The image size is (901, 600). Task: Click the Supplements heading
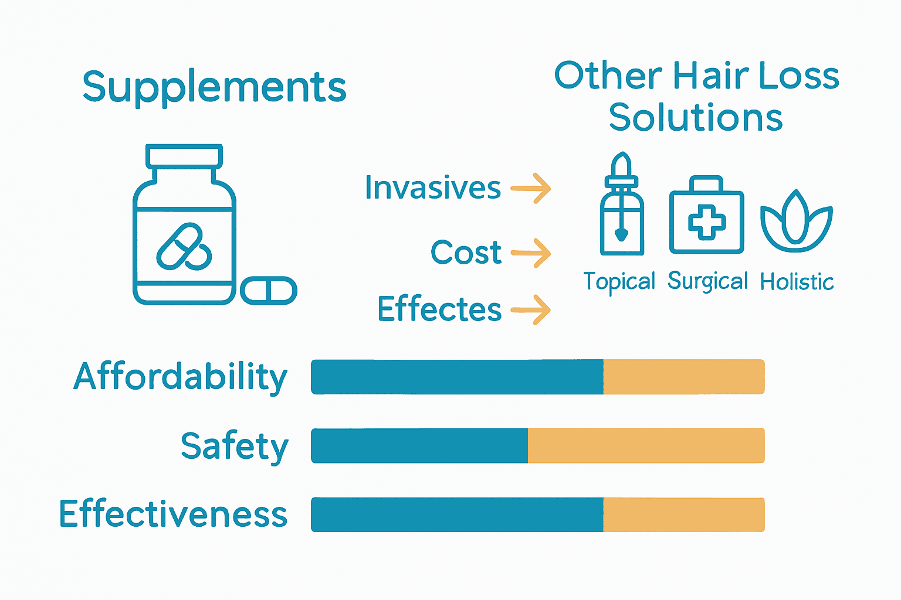(214, 88)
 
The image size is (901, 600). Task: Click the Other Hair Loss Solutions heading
(696, 97)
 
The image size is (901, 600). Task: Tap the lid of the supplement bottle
(184, 155)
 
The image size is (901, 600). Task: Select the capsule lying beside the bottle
(269, 291)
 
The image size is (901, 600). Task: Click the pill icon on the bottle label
(184, 247)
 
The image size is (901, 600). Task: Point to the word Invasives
(433, 188)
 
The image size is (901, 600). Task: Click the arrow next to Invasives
(531, 189)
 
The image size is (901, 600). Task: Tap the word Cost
(466, 253)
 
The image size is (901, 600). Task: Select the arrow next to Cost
(531, 253)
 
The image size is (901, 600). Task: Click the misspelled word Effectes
(439, 309)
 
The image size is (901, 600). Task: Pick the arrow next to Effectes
(531, 309)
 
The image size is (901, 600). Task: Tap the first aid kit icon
(706, 216)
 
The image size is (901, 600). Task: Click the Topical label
(619, 282)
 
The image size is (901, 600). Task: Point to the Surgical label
(707, 282)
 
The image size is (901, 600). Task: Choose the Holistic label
(797, 282)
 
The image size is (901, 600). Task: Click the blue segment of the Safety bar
(419, 446)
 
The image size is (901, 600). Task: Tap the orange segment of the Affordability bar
(684, 377)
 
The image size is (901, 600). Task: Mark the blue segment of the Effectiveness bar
(457, 515)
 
